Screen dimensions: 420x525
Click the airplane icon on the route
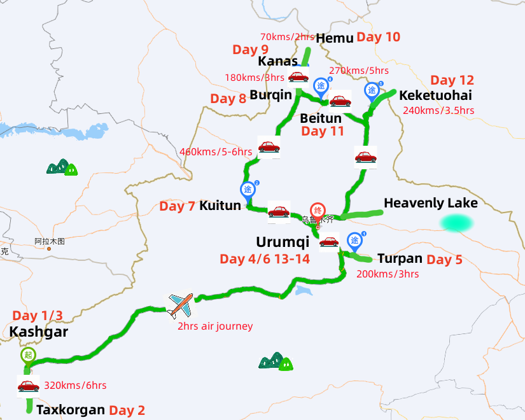[180, 305]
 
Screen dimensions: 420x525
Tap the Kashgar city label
[38, 332]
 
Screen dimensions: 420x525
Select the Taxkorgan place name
[70, 410]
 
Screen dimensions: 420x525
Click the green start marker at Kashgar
[28, 355]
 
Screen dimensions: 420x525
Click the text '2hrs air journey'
[215, 326]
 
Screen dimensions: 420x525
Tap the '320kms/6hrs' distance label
[75, 386]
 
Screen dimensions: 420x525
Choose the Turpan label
[400, 258]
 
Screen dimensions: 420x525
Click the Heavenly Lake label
[430, 203]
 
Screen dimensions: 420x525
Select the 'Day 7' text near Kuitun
[178, 206]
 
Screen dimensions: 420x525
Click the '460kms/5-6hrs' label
[216, 151]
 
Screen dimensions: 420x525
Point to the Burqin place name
[270, 95]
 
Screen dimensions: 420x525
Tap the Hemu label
[334, 38]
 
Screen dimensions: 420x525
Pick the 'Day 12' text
[452, 80]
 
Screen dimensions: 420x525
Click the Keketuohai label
[435, 95]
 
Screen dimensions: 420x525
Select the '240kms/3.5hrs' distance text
[438, 110]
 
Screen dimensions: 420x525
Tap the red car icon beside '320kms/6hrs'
[28, 386]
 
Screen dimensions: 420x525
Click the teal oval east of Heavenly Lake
[456, 223]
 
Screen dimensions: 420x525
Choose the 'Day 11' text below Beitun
[323, 132]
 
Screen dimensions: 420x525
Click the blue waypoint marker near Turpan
[354, 241]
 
